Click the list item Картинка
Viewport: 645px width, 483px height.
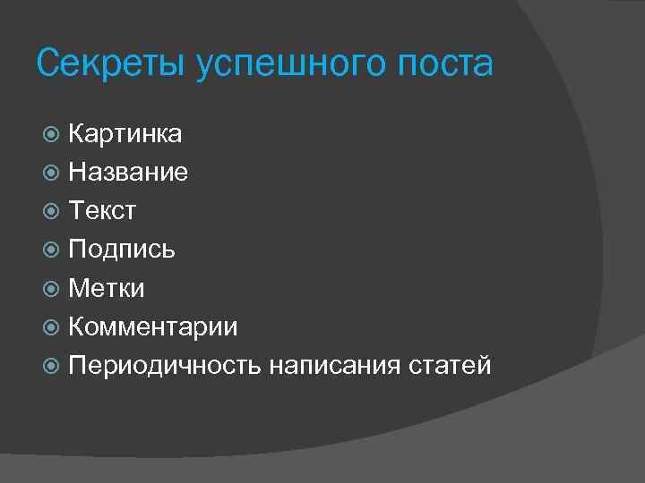click(x=125, y=134)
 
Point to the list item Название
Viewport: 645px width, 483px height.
click(x=128, y=173)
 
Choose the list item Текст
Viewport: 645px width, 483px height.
click(x=102, y=211)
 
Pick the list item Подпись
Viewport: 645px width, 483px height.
click(x=122, y=250)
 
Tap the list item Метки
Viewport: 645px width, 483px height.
click(x=107, y=288)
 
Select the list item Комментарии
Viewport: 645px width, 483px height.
click(x=153, y=327)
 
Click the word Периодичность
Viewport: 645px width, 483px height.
click(x=165, y=366)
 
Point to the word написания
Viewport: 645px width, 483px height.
click(x=336, y=366)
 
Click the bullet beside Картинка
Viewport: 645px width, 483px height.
click(x=52, y=134)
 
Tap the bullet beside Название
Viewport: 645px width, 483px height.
click(x=52, y=173)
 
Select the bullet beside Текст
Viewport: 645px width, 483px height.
click(x=52, y=211)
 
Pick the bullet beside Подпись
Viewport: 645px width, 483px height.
click(x=52, y=250)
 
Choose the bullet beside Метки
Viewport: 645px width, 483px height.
click(x=52, y=288)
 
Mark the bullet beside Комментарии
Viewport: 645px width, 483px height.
click(x=52, y=327)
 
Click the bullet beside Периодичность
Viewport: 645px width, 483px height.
click(x=52, y=366)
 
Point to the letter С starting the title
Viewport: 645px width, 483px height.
click(x=48, y=64)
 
